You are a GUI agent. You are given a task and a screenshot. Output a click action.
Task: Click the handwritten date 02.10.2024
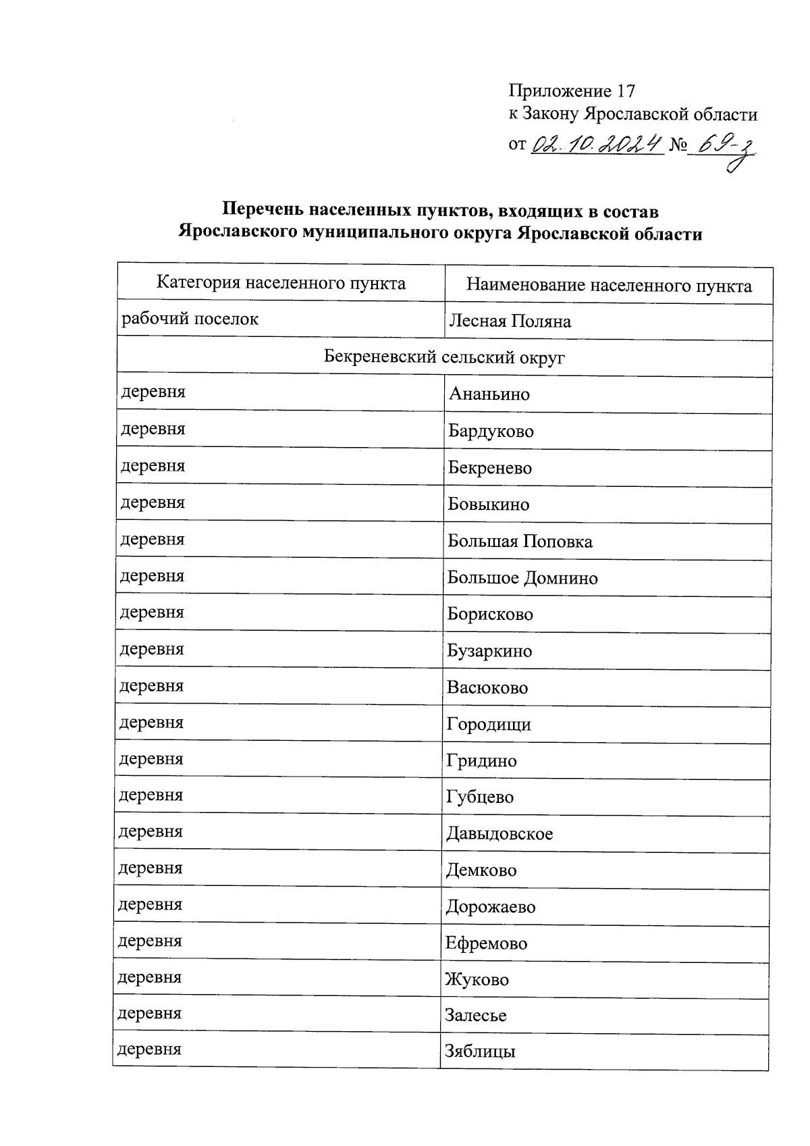[595, 143]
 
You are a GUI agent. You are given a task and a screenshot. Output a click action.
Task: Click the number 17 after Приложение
[626, 91]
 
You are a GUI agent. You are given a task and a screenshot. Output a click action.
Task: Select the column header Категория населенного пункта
[281, 282]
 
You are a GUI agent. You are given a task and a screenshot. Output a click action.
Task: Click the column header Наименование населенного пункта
[609, 286]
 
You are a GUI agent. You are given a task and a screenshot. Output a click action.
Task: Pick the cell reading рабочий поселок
[190, 319]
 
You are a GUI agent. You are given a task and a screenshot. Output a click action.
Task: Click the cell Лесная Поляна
[510, 321]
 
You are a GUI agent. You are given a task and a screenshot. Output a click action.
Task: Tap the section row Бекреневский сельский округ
[443, 357]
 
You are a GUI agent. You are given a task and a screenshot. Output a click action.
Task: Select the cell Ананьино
[489, 394]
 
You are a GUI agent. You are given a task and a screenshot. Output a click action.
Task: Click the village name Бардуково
[491, 431]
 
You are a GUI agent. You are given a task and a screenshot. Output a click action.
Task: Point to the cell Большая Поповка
[520, 542]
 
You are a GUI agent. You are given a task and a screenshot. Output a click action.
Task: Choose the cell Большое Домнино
[522, 578]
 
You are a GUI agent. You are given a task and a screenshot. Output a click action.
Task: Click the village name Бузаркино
[489, 652]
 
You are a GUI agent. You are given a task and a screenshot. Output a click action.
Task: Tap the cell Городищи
[489, 725]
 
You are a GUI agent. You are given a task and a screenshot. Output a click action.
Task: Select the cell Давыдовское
[500, 834]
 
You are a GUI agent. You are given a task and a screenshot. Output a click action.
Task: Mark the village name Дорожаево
[491, 907]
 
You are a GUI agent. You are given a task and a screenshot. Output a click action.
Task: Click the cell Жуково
[477, 980]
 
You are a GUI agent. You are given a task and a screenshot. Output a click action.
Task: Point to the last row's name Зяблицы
[480, 1052]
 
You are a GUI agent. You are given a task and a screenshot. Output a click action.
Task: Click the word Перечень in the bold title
[263, 211]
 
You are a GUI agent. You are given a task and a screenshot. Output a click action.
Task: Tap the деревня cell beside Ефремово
[150, 941]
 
